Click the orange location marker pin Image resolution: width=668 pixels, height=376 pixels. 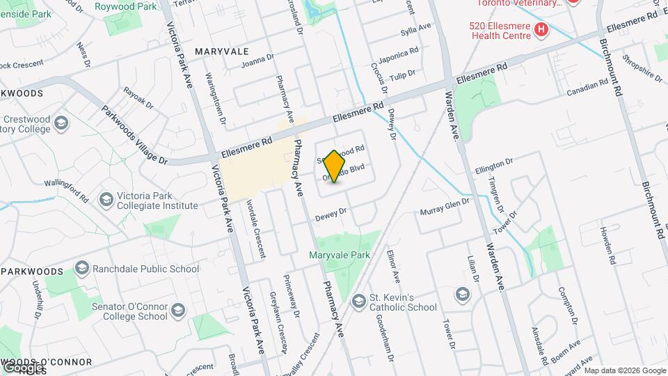[335, 166]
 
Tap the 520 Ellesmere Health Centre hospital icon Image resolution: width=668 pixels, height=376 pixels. [541, 30]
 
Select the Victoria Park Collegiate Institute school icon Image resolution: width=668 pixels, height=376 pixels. [106, 201]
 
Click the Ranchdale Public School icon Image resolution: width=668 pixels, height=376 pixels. [82, 269]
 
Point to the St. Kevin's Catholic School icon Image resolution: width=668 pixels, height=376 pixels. [359, 301]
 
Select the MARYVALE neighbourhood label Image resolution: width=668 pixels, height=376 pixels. [222, 52]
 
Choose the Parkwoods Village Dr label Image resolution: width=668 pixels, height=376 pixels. [135, 134]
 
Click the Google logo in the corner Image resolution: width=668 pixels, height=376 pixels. [23, 366]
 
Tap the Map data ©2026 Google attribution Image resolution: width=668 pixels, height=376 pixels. [624, 370]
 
